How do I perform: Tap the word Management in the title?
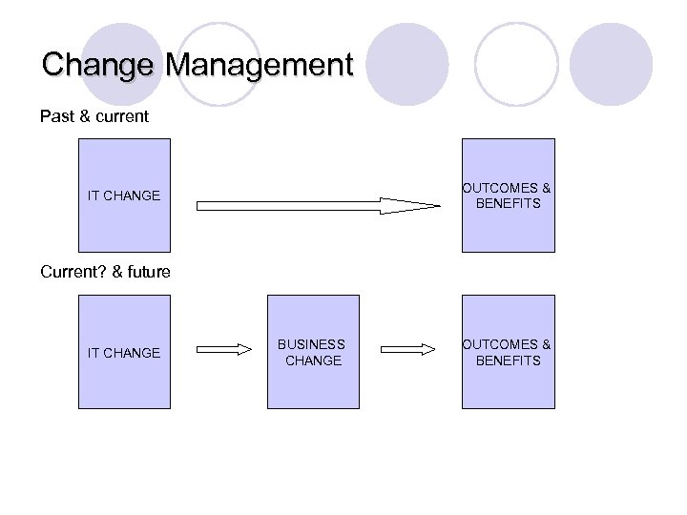[x=259, y=66]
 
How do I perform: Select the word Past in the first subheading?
[x=56, y=116]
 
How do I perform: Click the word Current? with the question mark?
[x=73, y=272]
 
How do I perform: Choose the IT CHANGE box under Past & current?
[x=124, y=196]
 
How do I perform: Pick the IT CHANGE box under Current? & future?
[x=124, y=352]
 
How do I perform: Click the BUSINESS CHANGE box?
[x=313, y=352]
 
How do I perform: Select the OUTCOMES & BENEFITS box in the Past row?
[x=508, y=196]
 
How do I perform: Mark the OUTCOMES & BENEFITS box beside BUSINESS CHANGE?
[x=508, y=352]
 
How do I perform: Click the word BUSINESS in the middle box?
[x=312, y=344]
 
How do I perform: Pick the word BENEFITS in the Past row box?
[x=509, y=203]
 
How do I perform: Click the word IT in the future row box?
[x=94, y=353]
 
